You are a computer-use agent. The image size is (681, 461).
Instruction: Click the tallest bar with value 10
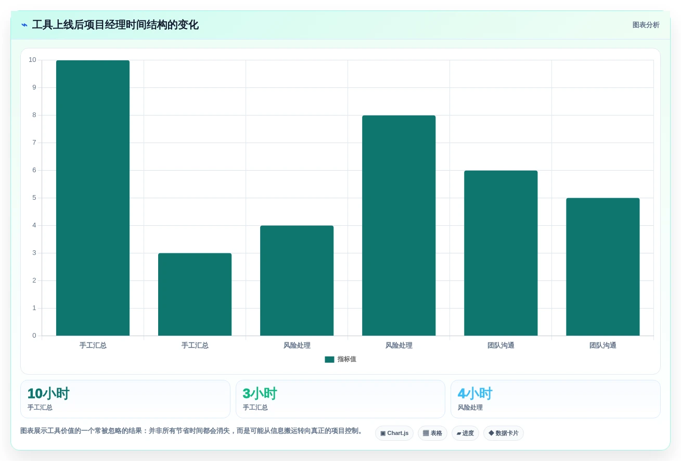pos(93,198)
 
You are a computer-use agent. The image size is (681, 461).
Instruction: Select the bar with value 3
pos(195,294)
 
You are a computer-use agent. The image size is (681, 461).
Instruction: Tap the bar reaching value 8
pos(399,226)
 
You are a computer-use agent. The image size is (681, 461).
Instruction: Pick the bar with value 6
pos(500,253)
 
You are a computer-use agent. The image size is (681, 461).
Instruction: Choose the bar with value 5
pos(603,267)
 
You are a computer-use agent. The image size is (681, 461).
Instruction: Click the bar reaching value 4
pos(297,280)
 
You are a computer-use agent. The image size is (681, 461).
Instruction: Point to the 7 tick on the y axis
pos(34,143)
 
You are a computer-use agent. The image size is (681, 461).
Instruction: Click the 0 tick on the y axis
pos(34,336)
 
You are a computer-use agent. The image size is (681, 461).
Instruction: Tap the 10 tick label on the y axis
pos(32,60)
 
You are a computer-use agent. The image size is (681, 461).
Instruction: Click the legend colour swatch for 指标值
pos(329,360)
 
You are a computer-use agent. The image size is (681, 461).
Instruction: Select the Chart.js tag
pos(394,433)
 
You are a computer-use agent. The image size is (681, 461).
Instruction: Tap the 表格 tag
pos(432,433)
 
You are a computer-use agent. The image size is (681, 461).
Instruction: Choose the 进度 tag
pos(465,433)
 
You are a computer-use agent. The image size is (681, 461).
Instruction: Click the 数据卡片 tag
pos(504,433)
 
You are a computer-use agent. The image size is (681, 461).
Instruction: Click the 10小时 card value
pos(48,393)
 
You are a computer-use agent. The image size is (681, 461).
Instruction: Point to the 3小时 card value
pos(260,393)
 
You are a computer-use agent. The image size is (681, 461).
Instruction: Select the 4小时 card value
pos(475,393)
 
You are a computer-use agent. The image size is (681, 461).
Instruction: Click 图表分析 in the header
pos(646,25)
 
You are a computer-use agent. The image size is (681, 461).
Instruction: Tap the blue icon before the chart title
pos(24,25)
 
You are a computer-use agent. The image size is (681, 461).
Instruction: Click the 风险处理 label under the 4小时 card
pos(470,407)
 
